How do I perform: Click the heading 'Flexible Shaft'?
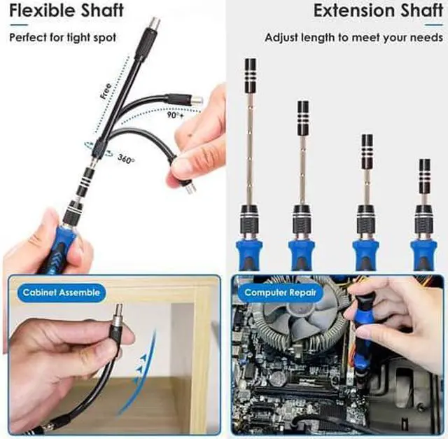tap(66, 12)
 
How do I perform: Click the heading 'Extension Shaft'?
tap(374, 12)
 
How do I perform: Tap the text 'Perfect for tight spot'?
tap(62, 37)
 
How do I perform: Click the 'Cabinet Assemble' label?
tap(62, 292)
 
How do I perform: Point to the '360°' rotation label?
tap(127, 159)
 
